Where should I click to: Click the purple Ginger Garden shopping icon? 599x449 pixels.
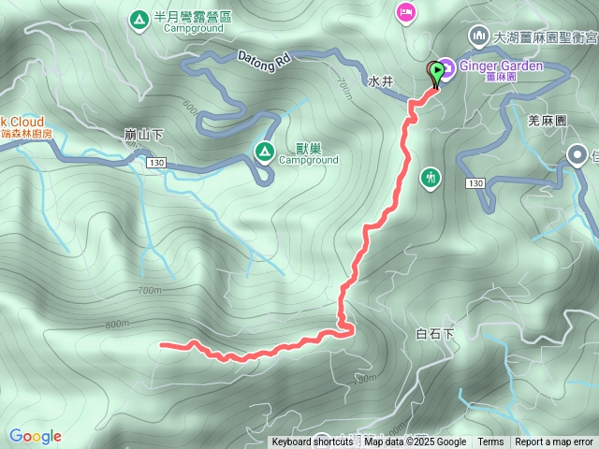[x=446, y=66]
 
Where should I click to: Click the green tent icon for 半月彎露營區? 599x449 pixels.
[x=139, y=18]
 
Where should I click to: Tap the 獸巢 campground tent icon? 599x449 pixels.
[x=264, y=151]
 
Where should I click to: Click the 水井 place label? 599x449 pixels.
[x=381, y=81]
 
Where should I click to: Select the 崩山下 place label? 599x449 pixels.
[x=143, y=135]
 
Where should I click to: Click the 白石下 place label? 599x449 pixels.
[x=433, y=334]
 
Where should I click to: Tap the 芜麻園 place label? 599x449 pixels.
[x=548, y=122]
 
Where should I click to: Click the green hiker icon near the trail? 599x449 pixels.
[x=431, y=177]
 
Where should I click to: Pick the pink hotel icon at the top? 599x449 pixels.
[x=405, y=11]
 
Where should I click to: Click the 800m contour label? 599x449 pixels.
[x=117, y=325]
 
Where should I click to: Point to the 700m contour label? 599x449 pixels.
[x=148, y=291]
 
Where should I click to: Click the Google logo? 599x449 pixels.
[x=36, y=436]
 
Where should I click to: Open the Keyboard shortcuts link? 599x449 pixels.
[x=313, y=442]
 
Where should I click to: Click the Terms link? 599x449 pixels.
[x=490, y=442]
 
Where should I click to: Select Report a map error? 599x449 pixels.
[x=554, y=442]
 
